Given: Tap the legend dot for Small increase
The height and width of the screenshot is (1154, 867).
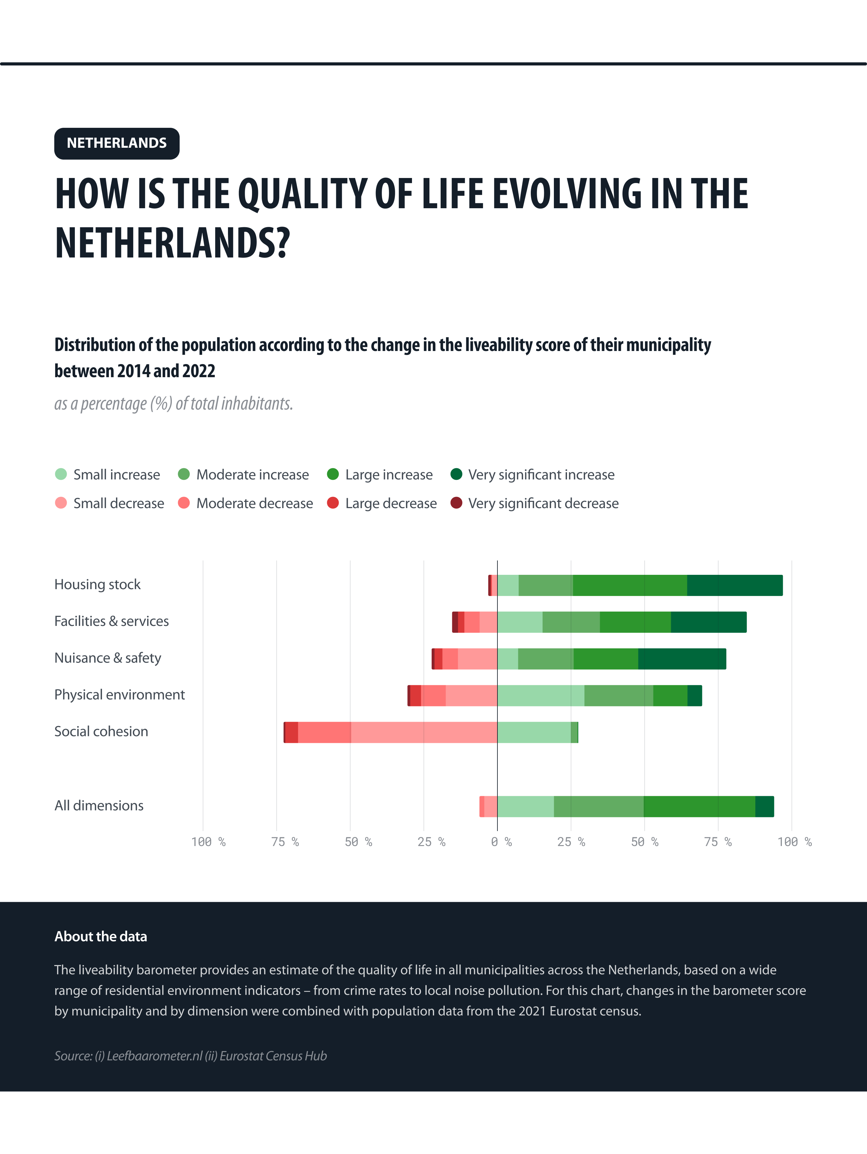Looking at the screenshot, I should click(61, 474).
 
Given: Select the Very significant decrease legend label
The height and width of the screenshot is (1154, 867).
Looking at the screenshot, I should click(543, 503).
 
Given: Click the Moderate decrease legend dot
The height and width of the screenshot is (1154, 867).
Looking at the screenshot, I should click(184, 503).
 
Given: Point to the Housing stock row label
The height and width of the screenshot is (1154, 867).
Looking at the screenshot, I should click(98, 584).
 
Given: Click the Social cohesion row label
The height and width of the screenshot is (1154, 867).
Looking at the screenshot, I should click(101, 731).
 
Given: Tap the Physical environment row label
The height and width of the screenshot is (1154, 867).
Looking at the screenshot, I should click(119, 695).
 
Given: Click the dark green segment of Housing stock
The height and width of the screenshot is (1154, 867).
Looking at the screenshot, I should click(734, 585).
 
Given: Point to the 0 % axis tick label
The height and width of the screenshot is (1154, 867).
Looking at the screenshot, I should click(501, 842).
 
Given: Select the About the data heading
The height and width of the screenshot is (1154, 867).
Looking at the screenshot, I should click(101, 936).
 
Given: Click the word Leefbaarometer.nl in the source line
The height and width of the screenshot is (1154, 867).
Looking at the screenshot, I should click(154, 1056).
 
